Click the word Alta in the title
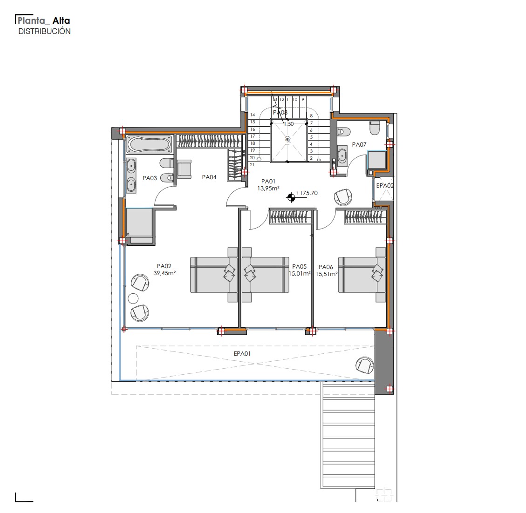[61, 21]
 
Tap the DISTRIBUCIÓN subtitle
[44, 31]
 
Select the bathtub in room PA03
[149, 144]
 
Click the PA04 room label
[209, 177]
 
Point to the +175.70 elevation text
[307, 193]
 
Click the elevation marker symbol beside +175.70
[291, 198]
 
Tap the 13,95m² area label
[268, 189]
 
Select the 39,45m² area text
[164, 273]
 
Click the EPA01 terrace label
[242, 353]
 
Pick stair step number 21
[252, 164]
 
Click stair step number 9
[303, 100]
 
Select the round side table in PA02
[133, 298]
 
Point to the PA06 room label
[326, 267]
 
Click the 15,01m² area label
[300, 274]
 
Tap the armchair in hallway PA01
[343, 197]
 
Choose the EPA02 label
[385, 186]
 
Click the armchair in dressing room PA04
[184, 169]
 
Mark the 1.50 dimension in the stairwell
[288, 124]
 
